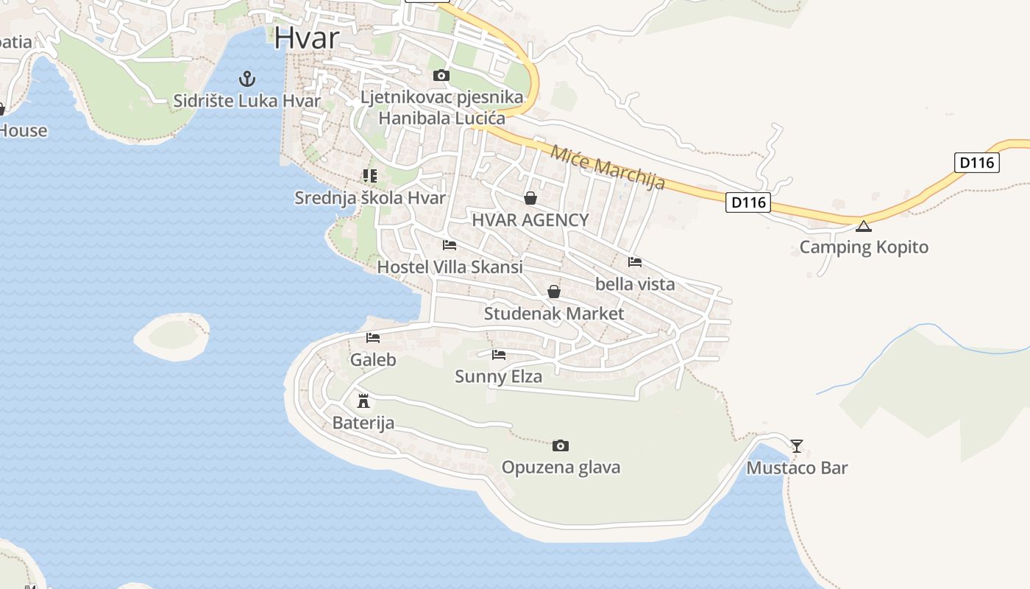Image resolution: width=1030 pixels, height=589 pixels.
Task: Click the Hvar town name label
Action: (307, 38)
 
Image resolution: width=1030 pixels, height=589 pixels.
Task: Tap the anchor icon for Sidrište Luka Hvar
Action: (247, 78)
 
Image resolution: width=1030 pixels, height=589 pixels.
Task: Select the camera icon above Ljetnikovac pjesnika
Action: (441, 75)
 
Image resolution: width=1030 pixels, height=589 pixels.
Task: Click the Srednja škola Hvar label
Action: (370, 198)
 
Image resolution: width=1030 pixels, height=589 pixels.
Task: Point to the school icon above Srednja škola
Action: (369, 175)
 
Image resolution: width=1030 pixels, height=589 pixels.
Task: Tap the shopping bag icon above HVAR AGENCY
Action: (530, 198)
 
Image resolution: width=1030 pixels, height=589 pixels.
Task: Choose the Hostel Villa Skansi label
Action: (450, 267)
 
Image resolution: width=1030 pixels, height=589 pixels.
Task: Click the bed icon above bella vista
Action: (635, 261)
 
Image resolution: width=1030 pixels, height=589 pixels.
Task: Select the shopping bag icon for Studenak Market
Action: (554, 292)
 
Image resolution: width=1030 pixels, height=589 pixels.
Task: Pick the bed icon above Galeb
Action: (373, 338)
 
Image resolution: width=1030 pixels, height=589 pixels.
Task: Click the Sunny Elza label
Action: (498, 377)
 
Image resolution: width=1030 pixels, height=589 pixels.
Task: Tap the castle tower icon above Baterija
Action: (363, 401)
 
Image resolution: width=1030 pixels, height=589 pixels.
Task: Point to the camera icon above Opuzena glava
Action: (561, 445)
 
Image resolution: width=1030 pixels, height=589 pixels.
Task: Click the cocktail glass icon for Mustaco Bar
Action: (796, 445)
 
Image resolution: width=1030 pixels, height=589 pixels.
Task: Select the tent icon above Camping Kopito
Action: (864, 225)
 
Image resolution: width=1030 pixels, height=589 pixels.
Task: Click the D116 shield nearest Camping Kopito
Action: (748, 202)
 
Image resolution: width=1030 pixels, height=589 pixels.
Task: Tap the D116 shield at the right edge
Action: (977, 163)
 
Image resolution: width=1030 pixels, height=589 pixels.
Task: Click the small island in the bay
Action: (172, 336)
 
